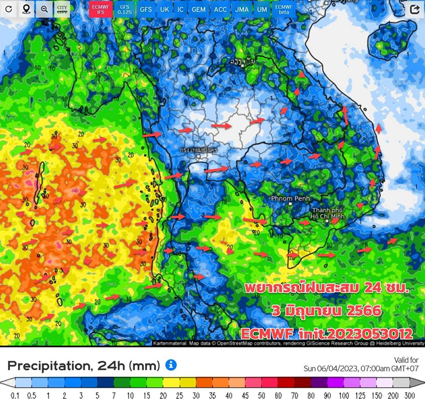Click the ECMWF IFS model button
click(100, 9)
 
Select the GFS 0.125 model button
click(124, 9)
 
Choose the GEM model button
click(198, 10)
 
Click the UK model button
click(165, 10)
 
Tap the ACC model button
click(220, 10)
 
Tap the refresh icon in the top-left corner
click(9, 10)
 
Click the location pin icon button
click(26, 10)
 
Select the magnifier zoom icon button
click(44, 10)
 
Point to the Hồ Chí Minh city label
click(330, 214)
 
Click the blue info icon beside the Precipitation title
click(171, 365)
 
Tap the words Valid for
click(406, 360)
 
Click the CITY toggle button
click(62, 10)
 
